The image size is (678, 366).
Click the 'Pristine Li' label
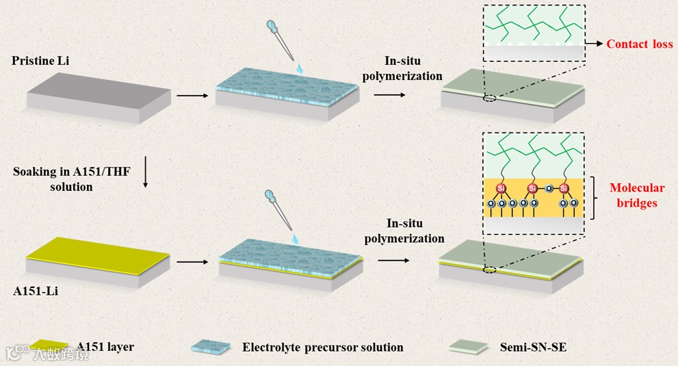40,62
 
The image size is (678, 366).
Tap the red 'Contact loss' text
640,44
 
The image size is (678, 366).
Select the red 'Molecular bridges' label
636,196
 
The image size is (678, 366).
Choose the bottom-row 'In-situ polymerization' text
404,231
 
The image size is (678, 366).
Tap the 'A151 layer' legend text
105,347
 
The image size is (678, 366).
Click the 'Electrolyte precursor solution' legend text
322,348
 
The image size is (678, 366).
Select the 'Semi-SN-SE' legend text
533,348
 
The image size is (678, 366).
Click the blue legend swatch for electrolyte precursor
211,347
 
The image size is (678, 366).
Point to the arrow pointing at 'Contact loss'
593,44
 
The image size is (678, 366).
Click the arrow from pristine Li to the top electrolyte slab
192,95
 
